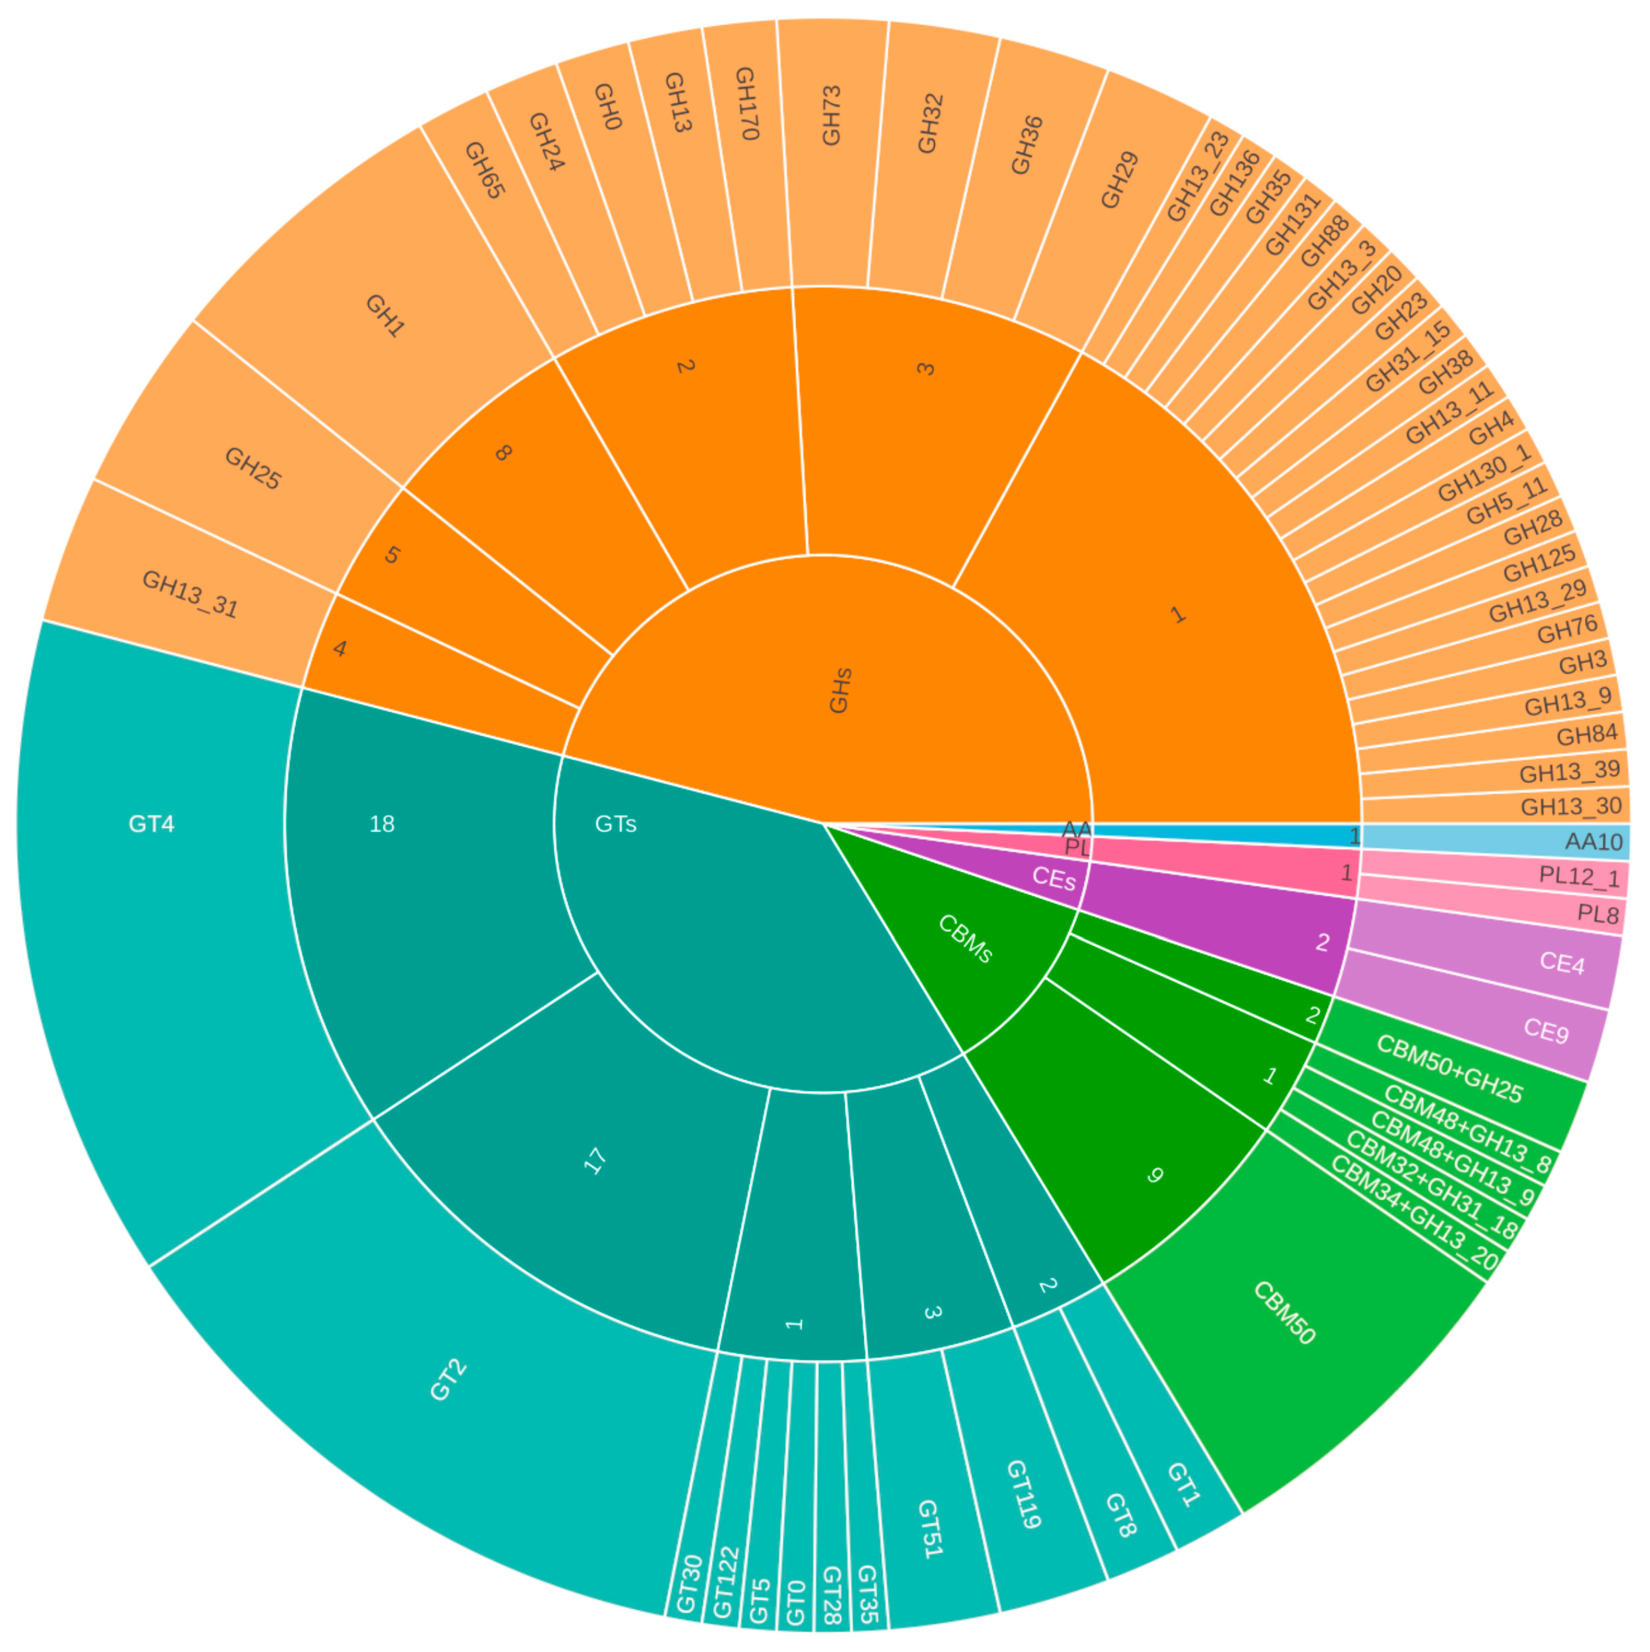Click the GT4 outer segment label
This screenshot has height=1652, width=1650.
point(151,823)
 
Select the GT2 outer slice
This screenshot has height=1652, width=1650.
point(448,1380)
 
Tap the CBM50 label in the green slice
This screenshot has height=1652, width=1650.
point(1283,1313)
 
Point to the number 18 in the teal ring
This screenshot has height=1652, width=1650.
point(381,823)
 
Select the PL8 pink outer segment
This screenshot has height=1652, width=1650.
point(1597,914)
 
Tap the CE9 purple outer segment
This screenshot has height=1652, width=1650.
point(1546,1030)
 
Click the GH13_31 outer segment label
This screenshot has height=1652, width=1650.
point(190,594)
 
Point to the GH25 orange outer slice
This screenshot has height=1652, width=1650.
point(252,468)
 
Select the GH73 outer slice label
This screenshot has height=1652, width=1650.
point(831,116)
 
